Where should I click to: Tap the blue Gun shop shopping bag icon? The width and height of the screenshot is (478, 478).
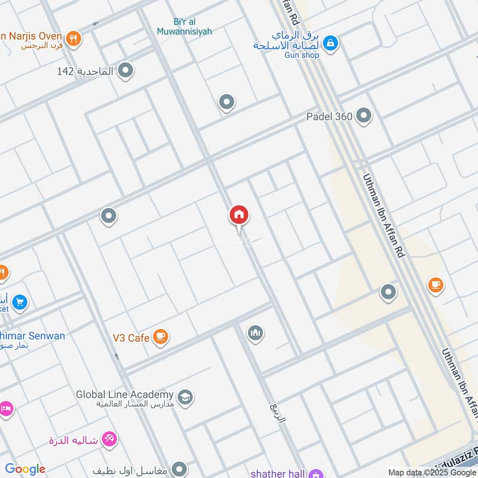click(x=330, y=43)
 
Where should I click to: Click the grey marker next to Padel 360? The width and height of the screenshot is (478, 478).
click(x=363, y=117)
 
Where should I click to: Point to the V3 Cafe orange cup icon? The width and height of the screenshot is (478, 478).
click(x=160, y=338)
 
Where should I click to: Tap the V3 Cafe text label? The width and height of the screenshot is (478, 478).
click(x=131, y=338)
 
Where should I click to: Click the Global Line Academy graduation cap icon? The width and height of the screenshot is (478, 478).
click(x=185, y=397)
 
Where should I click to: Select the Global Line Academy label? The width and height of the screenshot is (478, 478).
click(x=125, y=394)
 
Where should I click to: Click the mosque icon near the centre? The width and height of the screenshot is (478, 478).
click(x=256, y=333)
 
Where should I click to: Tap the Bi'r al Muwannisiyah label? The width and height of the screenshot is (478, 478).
click(x=185, y=26)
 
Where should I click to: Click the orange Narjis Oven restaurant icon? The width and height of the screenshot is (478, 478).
click(x=74, y=39)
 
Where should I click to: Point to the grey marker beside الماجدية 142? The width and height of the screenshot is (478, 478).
click(x=125, y=71)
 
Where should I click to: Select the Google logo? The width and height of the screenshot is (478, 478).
click(x=25, y=469)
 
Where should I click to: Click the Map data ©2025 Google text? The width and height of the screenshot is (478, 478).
click(x=432, y=472)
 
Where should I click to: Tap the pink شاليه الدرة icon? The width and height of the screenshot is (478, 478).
click(x=109, y=440)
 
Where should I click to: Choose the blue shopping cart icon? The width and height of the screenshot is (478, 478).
click(x=20, y=302)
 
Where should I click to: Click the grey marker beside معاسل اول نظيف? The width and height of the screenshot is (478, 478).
click(x=179, y=469)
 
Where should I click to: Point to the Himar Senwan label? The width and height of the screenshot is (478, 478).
click(x=32, y=336)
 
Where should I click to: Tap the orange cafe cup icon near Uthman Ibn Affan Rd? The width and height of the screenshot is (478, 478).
click(x=436, y=286)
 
